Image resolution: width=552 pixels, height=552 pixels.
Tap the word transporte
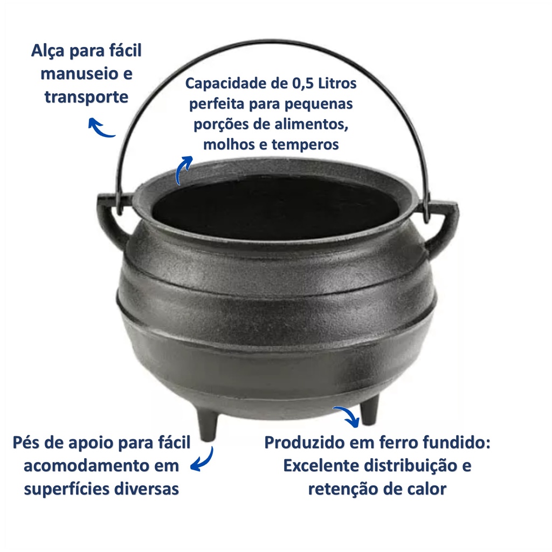(x=86, y=97)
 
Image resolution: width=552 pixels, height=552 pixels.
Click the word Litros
(x=337, y=84)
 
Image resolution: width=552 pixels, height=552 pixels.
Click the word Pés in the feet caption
(x=26, y=443)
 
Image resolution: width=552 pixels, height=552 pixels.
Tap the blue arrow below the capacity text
(x=183, y=170)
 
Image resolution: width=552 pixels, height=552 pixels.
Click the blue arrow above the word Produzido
(x=348, y=416)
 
